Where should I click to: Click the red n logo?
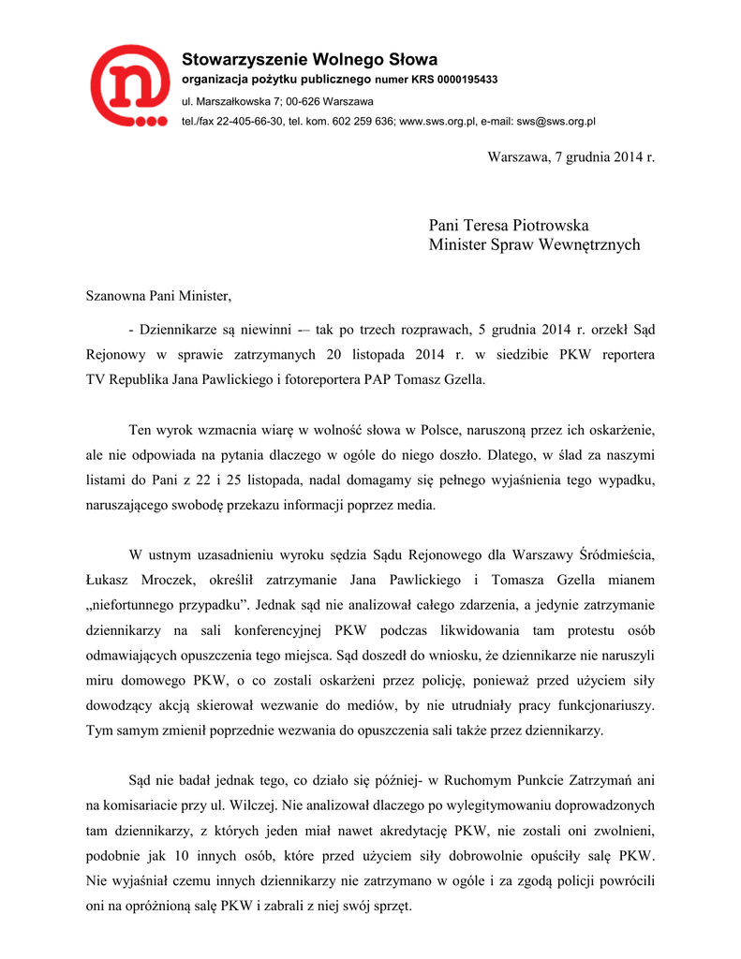point(129,85)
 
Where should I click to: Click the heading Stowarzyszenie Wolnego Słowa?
point(309,61)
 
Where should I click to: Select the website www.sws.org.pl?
point(438,122)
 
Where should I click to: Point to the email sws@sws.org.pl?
point(556,122)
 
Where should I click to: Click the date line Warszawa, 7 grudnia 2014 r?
point(571,155)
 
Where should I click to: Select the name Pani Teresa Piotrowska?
point(509,225)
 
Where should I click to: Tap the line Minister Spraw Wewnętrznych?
point(534,245)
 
